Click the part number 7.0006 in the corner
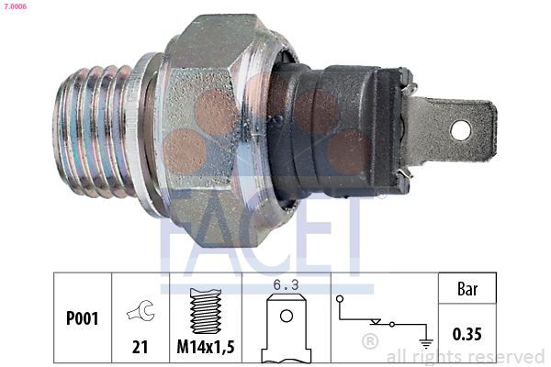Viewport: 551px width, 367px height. click(15, 6)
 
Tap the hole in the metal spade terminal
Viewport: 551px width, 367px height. click(460, 130)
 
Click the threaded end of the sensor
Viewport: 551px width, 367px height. click(95, 132)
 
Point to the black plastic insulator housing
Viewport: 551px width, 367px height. click(337, 130)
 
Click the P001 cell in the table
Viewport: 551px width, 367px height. click(83, 317)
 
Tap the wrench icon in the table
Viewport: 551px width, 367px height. click(141, 310)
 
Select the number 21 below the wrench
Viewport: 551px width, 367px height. click(141, 347)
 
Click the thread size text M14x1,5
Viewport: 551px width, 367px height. click(206, 347)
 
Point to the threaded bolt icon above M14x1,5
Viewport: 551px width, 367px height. click(206, 310)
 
